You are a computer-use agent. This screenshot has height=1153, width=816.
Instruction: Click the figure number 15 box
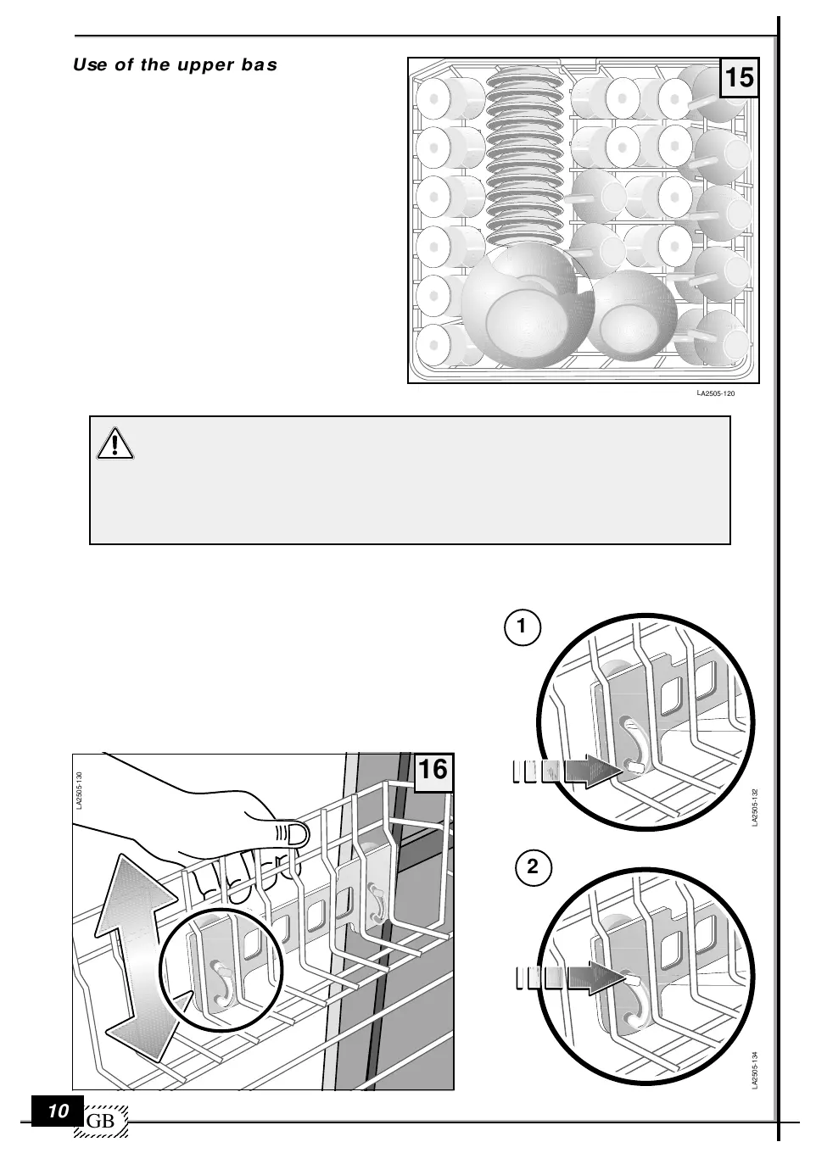[739, 78]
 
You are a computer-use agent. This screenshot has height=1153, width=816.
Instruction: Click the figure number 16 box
[433, 771]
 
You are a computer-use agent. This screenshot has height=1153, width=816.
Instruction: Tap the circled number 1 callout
[522, 627]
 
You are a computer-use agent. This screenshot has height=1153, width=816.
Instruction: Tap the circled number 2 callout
[534, 867]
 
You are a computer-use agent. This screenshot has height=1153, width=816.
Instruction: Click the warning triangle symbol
[115, 443]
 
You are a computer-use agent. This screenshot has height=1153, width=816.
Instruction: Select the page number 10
[58, 1111]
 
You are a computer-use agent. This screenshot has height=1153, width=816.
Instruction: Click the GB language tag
[100, 1122]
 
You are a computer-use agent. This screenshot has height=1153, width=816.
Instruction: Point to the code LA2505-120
[715, 394]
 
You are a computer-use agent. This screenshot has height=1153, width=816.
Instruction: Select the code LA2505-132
[755, 807]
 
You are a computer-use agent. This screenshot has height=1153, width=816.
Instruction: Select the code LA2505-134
[755, 1071]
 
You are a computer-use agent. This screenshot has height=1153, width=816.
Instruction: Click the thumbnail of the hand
[321, 835]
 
